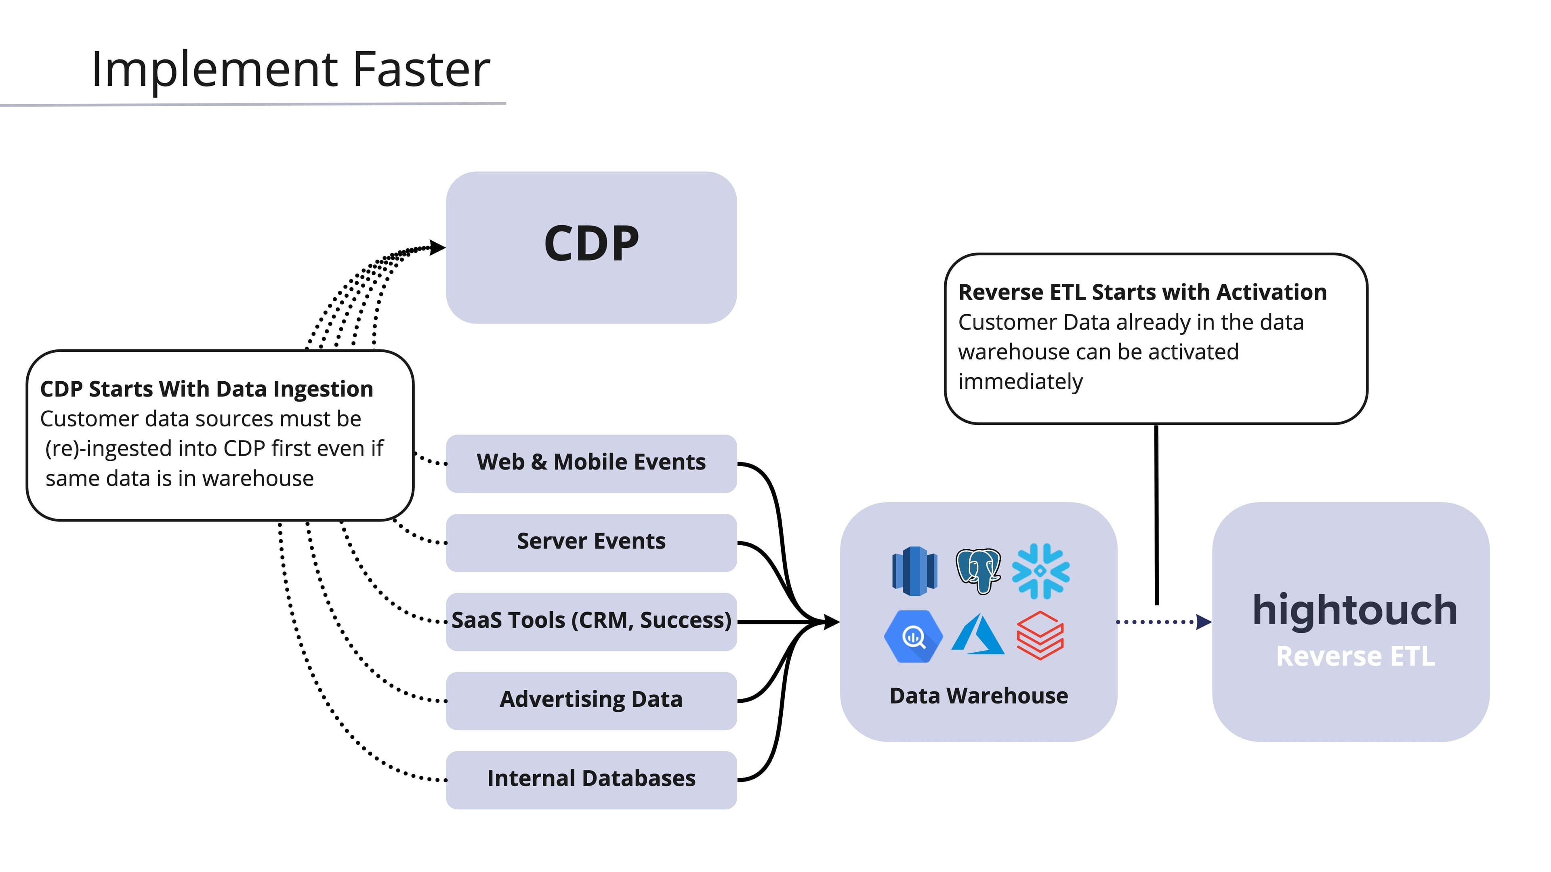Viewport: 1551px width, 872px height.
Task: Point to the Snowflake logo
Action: [1040, 571]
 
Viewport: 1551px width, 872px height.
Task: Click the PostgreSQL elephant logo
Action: [978, 570]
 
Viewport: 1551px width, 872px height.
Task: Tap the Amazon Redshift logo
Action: [914, 570]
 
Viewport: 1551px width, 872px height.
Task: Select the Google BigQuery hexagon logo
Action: [913, 637]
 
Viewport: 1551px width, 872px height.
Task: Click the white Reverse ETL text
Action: [1355, 656]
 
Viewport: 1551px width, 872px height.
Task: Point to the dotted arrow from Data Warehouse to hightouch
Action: [1162, 622]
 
